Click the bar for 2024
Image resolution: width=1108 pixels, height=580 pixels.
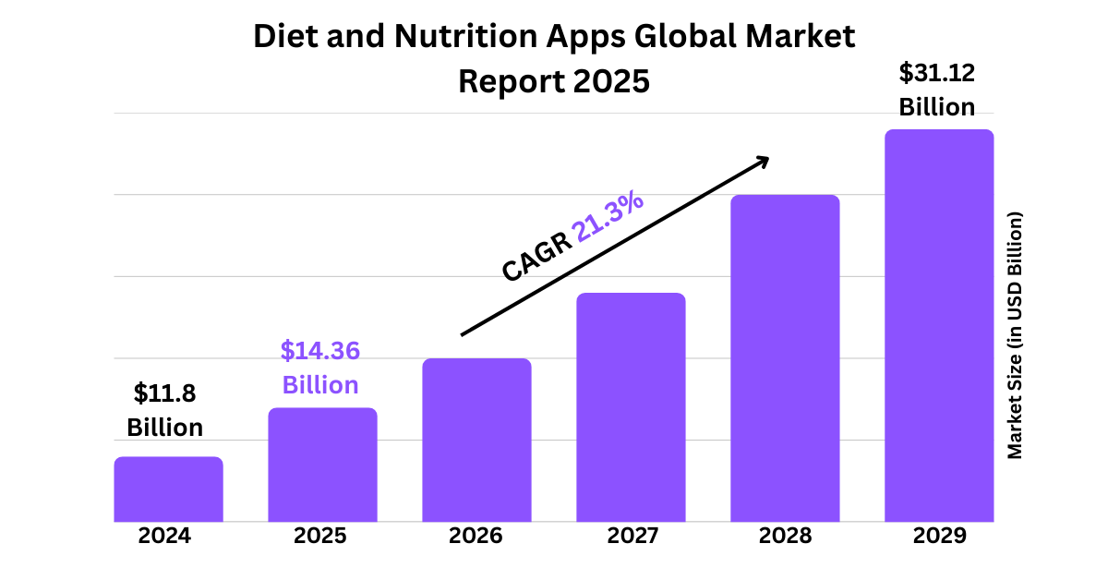(x=168, y=489)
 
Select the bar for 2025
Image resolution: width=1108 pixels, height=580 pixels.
(x=322, y=465)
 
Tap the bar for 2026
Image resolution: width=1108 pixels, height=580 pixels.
(x=476, y=440)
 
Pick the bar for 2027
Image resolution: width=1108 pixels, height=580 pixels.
(x=631, y=407)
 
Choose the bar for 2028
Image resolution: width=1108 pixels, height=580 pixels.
(x=785, y=358)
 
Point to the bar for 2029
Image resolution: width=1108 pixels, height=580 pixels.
(x=939, y=325)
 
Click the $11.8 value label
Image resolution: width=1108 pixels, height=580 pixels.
(x=165, y=393)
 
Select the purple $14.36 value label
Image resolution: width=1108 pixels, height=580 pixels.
(x=320, y=351)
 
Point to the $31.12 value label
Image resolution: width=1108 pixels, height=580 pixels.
(x=937, y=72)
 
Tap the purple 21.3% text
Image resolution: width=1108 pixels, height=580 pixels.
(x=608, y=219)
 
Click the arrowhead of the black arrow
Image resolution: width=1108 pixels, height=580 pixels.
(x=763, y=161)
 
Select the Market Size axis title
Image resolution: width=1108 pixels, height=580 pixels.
(x=1015, y=335)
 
